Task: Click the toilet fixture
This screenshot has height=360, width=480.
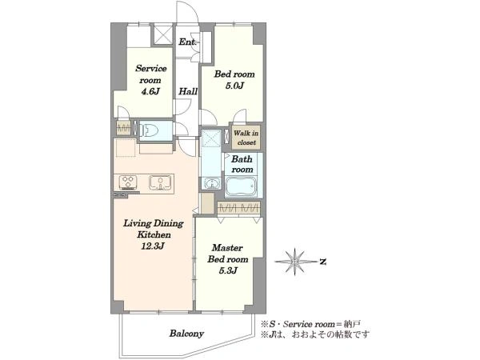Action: pyautogui.click(x=149, y=131)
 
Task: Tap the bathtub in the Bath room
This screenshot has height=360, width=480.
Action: pyautogui.click(x=241, y=186)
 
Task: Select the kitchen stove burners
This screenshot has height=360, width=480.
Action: pyautogui.click(x=128, y=182)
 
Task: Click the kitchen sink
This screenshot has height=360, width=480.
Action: pyautogui.click(x=160, y=182)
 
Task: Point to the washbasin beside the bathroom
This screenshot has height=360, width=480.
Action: pyautogui.click(x=211, y=183)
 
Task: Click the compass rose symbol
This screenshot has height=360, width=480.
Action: pyautogui.click(x=295, y=262)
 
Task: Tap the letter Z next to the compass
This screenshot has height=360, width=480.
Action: pyautogui.click(x=322, y=262)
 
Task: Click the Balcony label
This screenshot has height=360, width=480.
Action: pyautogui.click(x=186, y=334)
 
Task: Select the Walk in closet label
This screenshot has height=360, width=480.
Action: pyautogui.click(x=246, y=138)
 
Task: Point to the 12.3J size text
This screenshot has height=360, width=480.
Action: pyautogui.click(x=154, y=246)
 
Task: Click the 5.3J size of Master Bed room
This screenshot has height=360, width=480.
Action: pyautogui.click(x=228, y=270)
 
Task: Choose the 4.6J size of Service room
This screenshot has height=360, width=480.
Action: pyautogui.click(x=150, y=91)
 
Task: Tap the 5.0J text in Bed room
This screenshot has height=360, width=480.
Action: pyautogui.click(x=234, y=86)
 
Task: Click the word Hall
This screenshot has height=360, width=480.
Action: pyautogui.click(x=188, y=91)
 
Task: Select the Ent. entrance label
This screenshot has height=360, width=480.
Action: pyautogui.click(x=188, y=42)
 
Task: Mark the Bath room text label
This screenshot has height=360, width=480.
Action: pyautogui.click(x=242, y=164)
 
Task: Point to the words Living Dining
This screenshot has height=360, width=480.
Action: pyautogui.click(x=154, y=223)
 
